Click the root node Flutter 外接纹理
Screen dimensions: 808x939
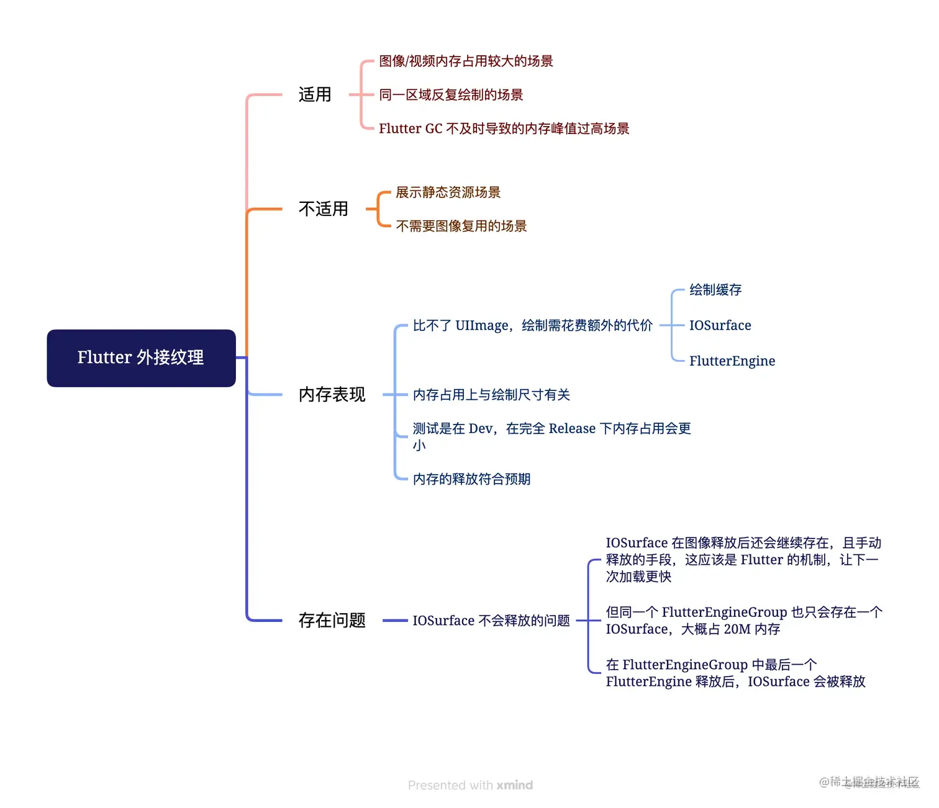point(141,358)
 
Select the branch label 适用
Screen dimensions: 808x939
point(315,95)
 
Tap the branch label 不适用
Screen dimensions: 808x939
point(323,209)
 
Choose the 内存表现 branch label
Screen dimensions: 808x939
point(332,395)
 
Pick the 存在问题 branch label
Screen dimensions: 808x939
point(332,621)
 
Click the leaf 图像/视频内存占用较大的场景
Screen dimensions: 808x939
point(466,61)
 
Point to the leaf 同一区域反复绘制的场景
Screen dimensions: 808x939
point(451,95)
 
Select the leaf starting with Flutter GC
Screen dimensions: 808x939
point(504,128)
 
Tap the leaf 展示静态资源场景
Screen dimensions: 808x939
point(448,192)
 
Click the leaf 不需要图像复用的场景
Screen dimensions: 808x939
point(461,226)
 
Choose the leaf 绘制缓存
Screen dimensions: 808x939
point(715,290)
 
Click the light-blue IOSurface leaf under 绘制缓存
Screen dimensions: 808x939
point(720,325)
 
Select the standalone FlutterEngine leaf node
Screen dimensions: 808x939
point(732,361)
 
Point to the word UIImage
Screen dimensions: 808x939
point(482,325)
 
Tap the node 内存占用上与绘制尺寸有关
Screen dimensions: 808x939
point(491,395)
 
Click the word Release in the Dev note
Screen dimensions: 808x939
point(572,429)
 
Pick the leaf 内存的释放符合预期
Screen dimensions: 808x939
point(471,479)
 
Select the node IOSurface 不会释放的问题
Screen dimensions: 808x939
point(491,621)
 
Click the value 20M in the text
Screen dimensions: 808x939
point(737,629)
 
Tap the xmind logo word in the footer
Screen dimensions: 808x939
point(514,785)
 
